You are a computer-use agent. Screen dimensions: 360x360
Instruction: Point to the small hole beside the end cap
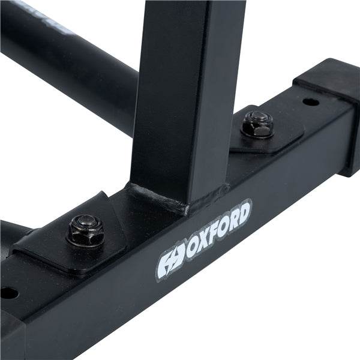point(310,102)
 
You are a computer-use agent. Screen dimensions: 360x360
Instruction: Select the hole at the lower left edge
point(8,293)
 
